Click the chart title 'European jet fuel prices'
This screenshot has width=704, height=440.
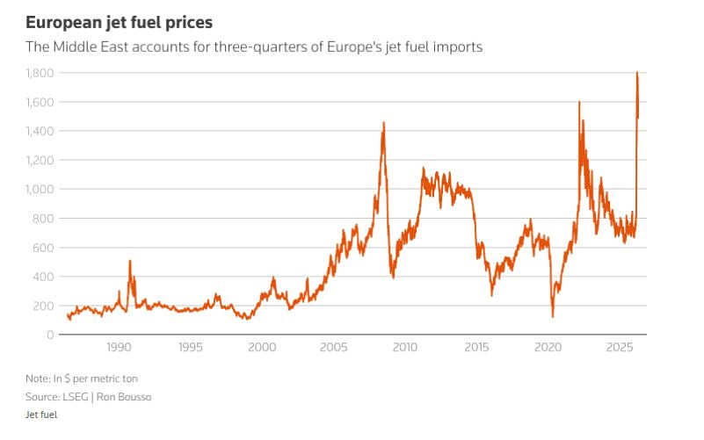coord(119,20)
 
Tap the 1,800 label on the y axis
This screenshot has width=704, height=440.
coord(40,73)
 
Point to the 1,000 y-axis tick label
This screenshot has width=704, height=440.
coord(40,189)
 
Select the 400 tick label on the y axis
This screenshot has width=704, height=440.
coord(45,277)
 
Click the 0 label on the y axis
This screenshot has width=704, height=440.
coord(52,335)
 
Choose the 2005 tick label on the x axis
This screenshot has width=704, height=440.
coord(333,348)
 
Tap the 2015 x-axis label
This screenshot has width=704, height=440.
coord(476,348)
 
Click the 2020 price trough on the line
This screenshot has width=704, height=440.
coord(553,316)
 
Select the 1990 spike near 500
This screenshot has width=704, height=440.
coord(130,261)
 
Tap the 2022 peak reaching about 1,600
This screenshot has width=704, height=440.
coord(579,103)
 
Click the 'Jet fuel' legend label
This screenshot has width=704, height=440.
coord(41,414)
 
